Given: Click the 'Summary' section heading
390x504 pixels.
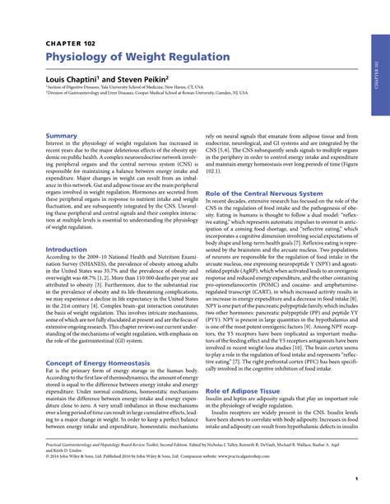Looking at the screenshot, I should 62,135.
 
